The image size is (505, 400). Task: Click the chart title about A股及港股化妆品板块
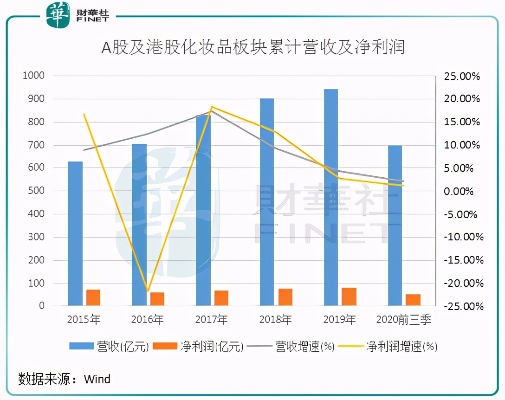253,47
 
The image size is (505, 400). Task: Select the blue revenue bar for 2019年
331,197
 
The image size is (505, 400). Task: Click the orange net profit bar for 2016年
157,299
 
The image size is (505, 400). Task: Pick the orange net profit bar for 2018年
285,297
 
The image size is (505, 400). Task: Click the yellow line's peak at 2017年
212,107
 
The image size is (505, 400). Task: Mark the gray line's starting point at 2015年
84,150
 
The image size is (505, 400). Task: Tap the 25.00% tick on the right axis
462,76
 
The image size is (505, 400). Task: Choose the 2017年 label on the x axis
212,320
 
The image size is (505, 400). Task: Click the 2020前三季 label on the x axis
403,320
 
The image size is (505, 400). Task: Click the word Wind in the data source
97,379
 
